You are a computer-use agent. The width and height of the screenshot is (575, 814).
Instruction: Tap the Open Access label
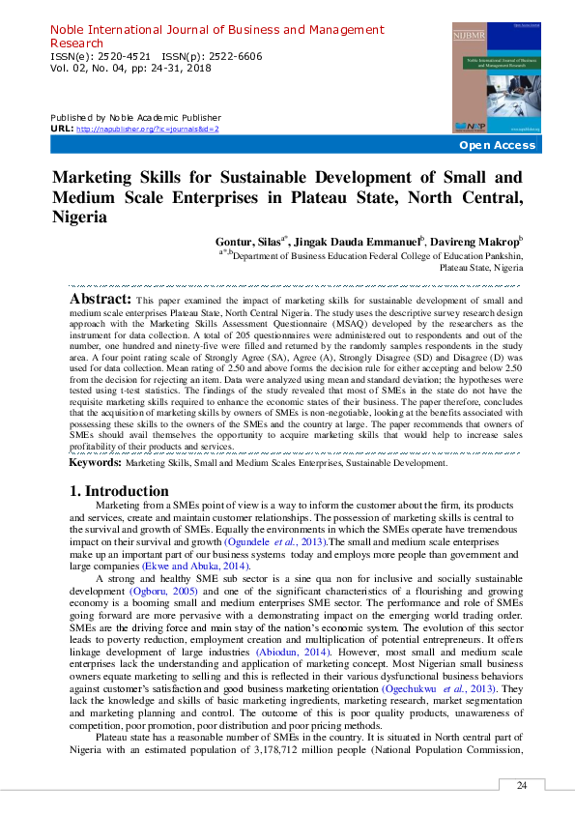tap(497, 145)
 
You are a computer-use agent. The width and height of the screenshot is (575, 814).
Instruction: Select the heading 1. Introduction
tap(120, 491)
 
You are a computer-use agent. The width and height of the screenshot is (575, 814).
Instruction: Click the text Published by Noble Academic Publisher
tap(134, 117)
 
